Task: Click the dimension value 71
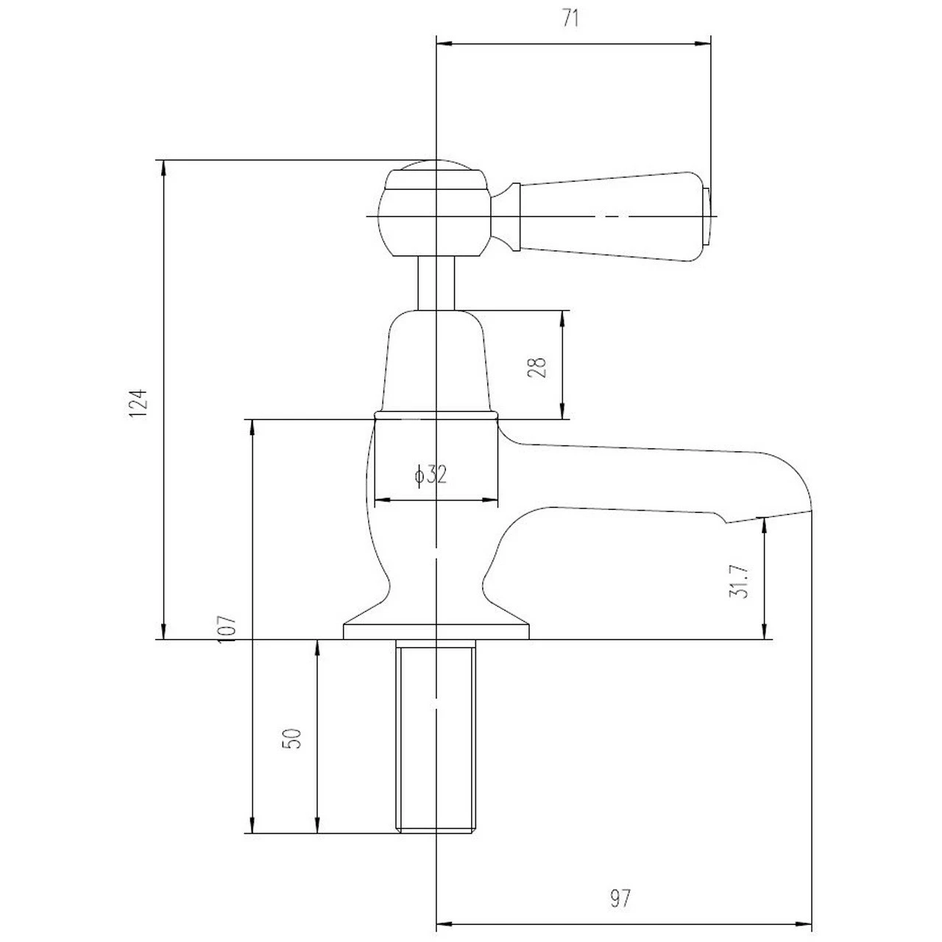570,18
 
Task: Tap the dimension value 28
536,367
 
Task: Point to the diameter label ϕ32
431,475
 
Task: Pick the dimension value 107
227,629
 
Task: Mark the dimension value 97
620,898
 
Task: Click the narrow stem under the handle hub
436,283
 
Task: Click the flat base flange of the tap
436,631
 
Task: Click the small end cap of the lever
706,216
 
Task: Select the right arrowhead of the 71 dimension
703,44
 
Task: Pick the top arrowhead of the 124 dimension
164,169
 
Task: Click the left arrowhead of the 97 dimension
445,924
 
